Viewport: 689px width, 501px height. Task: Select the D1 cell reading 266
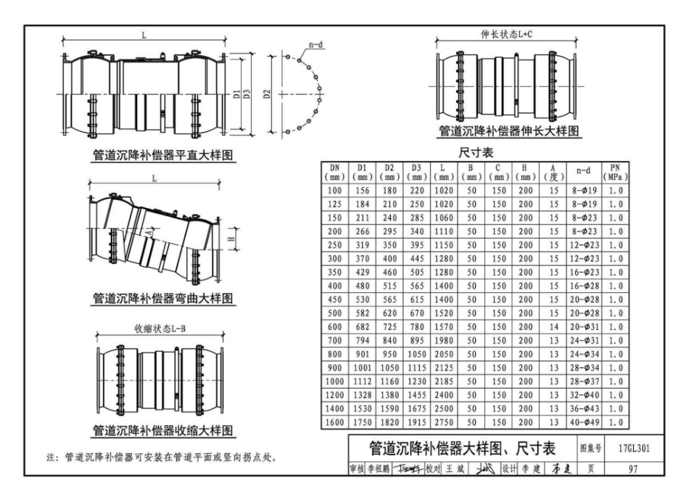363,232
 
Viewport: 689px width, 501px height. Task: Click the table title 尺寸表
476,153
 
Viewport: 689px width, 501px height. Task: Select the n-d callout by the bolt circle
316,45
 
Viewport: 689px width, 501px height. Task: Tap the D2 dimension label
268,94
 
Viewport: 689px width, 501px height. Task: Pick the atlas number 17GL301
635,447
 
